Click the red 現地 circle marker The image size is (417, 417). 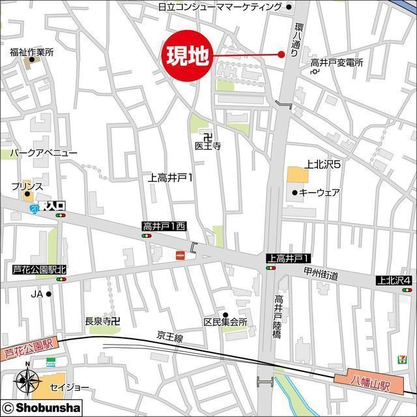(188, 57)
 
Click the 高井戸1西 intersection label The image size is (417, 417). (164, 226)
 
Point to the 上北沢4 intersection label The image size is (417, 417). (394, 280)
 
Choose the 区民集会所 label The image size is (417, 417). (225, 323)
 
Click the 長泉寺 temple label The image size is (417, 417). (103, 321)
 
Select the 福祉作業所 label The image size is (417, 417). (31, 52)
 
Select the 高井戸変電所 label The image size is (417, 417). (336, 63)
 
